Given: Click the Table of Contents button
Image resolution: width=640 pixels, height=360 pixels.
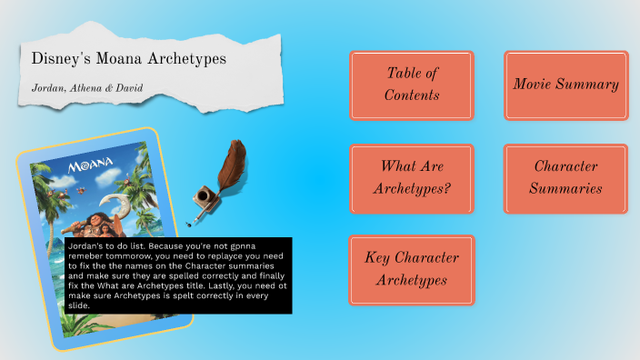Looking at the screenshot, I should [x=412, y=85].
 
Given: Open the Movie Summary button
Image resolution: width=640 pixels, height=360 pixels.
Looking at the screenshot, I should [x=565, y=85].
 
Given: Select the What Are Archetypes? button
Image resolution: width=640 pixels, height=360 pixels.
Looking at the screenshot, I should [x=412, y=178].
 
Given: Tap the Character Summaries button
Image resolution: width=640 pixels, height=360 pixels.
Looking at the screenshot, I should [x=565, y=178].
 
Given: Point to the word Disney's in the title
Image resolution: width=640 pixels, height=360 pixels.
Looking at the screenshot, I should [x=58, y=58].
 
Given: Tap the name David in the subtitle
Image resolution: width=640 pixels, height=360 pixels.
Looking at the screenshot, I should [x=128, y=88].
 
